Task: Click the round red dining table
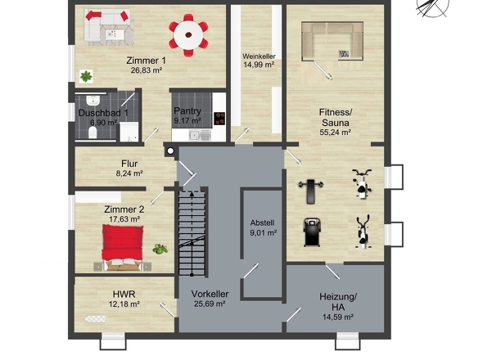[x=188, y=35]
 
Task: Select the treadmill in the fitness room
[x=312, y=232]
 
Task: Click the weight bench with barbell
[x=311, y=191]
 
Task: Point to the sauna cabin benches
[x=332, y=41]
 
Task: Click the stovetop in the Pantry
[x=219, y=119]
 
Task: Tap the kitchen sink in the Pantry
[x=200, y=135]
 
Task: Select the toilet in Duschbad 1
[x=93, y=133]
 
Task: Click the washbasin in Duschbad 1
[x=93, y=100]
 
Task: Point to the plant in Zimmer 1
[x=86, y=76]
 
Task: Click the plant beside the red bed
[x=160, y=249]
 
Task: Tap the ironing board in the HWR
[x=96, y=319]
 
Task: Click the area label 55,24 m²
[x=336, y=133]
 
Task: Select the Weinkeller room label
[x=259, y=56]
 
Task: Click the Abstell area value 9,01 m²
[x=263, y=233]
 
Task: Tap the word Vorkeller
[x=210, y=294]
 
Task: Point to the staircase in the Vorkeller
[x=192, y=232]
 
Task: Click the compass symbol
[x=432, y=7]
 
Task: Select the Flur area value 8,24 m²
[x=129, y=173]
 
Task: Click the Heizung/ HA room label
[x=338, y=302]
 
